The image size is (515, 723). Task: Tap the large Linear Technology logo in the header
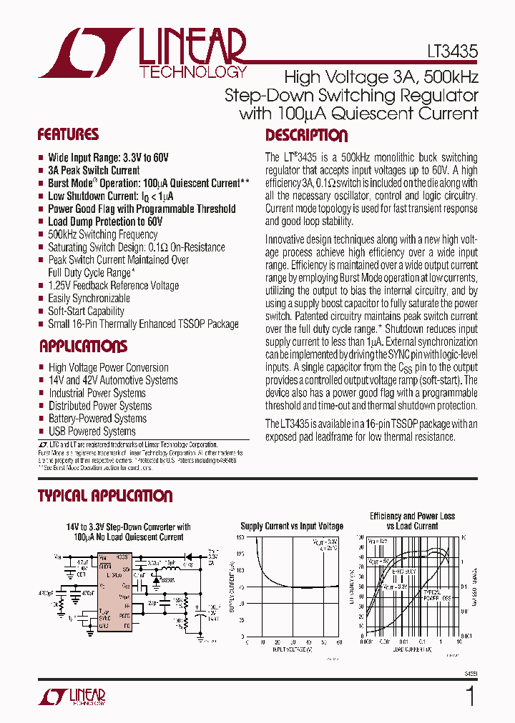[143, 53]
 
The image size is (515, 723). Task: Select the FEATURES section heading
[68, 135]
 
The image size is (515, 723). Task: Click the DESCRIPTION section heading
[306, 136]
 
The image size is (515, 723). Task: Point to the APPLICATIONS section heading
[83, 346]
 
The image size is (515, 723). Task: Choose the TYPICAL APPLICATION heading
[105, 496]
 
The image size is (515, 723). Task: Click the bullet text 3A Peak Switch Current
[94, 170]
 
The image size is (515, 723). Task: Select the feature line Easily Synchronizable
[89, 298]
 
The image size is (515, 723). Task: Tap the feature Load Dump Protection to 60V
[105, 221]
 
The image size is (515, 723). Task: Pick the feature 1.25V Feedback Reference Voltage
[113, 285]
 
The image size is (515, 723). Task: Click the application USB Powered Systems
[92, 431]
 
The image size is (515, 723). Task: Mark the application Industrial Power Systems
[97, 393]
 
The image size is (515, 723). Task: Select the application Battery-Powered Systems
[97, 418]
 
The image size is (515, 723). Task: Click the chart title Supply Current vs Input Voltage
[291, 526]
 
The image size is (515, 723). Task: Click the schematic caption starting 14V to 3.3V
[129, 532]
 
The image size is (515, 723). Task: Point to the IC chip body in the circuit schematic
[114, 592]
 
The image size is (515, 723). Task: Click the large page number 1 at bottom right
[470, 696]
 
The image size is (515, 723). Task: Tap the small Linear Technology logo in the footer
[78, 697]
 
